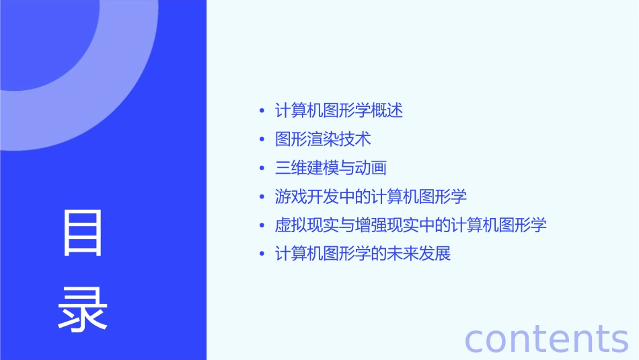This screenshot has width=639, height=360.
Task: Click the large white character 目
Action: click(x=83, y=233)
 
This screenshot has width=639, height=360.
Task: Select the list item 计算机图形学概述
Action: click(x=339, y=110)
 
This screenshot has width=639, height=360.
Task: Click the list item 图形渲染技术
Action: click(x=323, y=139)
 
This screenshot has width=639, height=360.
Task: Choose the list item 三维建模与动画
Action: click(x=330, y=168)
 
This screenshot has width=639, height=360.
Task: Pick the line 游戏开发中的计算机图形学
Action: click(x=371, y=196)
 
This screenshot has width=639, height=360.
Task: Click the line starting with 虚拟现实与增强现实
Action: click(x=410, y=225)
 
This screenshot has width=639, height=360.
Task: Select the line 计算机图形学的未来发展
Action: click(x=363, y=254)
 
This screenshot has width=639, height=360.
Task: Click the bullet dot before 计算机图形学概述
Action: click(x=262, y=111)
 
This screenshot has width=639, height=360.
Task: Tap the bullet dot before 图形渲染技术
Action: click(x=262, y=140)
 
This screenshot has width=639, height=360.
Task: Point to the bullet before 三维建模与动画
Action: click(x=262, y=169)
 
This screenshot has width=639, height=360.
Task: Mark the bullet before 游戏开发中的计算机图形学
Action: click(x=262, y=197)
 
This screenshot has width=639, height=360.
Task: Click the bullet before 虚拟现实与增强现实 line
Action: click(x=262, y=226)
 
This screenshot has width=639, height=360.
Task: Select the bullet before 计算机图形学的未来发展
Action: click(x=262, y=255)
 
